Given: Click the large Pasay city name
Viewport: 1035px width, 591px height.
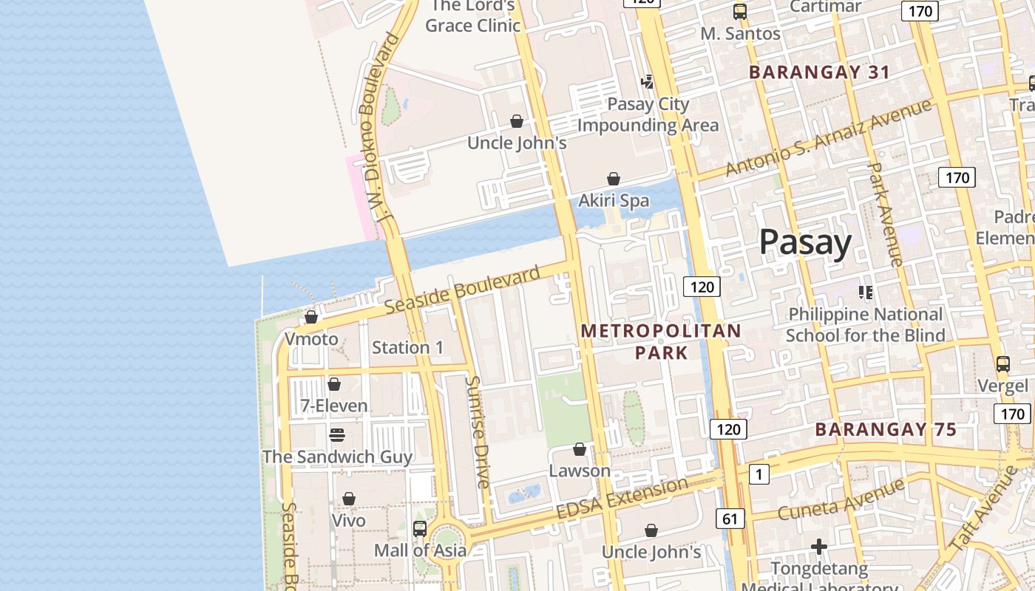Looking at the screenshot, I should point(805,242).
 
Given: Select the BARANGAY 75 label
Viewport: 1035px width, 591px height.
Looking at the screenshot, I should point(886,429).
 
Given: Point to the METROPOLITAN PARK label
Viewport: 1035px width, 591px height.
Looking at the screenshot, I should point(661,341).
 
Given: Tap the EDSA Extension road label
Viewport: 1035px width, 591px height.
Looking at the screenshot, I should point(621,499).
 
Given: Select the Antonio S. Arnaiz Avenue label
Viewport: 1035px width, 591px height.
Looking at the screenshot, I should point(828,138).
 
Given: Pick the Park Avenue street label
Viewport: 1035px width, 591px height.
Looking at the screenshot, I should point(885,214).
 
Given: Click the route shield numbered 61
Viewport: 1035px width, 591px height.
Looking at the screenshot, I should point(730,519).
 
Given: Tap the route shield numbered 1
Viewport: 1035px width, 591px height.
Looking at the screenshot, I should point(759,474).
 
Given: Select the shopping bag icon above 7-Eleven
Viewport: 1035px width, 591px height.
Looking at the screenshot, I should point(334,384).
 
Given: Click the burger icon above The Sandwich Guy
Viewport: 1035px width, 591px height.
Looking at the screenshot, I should point(337,434).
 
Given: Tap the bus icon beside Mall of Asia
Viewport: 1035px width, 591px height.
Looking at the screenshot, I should point(420,529).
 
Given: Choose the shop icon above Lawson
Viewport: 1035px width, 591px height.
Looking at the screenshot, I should point(580,449).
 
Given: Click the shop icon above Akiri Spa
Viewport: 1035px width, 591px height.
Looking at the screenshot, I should point(614,179).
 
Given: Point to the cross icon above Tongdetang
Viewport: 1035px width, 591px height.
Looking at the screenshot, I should point(818,547).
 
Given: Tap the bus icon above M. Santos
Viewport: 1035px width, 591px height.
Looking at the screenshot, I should point(740,12).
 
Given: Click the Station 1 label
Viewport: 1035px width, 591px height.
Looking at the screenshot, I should point(408,347).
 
